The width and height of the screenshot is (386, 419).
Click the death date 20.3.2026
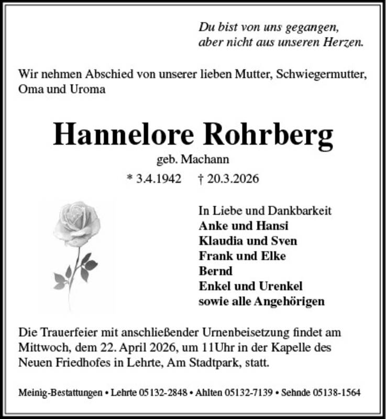pos(234,179)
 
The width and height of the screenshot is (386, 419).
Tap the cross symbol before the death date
pos(202,179)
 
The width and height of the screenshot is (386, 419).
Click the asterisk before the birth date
pos(129,179)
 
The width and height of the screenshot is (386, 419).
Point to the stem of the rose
pos(74,278)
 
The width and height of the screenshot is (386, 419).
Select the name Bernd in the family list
pos(212,271)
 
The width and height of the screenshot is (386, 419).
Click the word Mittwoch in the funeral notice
pos(40,347)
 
